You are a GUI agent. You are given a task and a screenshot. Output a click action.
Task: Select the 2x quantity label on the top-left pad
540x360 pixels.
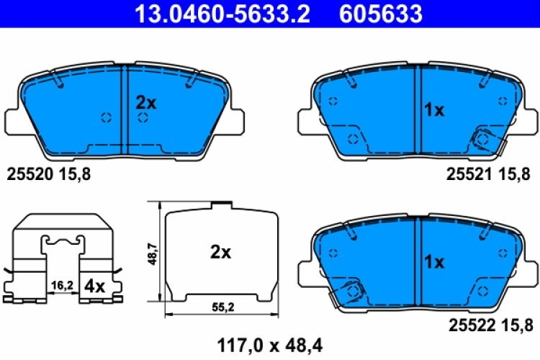coord(146,103)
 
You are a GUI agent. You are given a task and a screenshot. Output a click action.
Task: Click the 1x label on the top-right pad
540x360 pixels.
coord(435,110)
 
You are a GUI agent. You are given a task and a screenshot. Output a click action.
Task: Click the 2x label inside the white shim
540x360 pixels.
coord(220,253)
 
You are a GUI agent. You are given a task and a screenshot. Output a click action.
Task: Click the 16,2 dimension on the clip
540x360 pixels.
coord(63,286)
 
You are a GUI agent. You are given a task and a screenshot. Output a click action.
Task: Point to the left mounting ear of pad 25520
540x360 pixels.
coord(16,120)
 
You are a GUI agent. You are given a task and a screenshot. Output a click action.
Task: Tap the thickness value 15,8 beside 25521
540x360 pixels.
coord(516,173)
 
